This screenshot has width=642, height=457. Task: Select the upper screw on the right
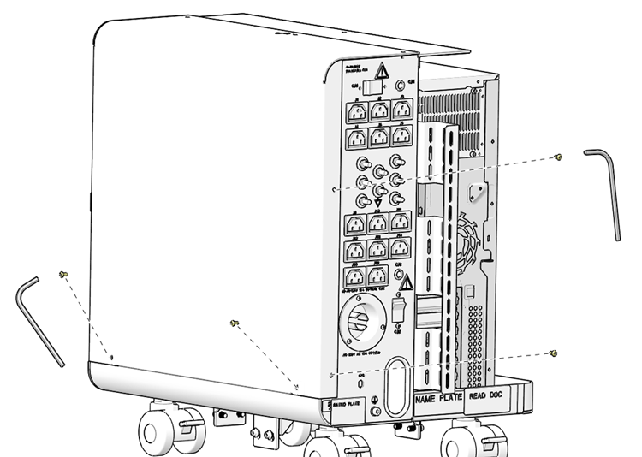click(558, 157)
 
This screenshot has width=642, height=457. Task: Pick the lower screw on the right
click(555, 353)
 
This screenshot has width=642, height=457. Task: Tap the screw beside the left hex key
click(62, 274)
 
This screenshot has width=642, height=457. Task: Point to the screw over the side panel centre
click(235, 323)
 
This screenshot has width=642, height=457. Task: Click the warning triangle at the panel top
click(384, 74)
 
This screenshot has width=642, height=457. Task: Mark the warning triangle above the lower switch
click(407, 282)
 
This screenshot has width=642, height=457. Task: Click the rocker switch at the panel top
click(371, 86)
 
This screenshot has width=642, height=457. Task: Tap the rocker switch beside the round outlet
click(399, 309)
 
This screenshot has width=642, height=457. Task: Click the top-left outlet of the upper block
click(354, 110)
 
